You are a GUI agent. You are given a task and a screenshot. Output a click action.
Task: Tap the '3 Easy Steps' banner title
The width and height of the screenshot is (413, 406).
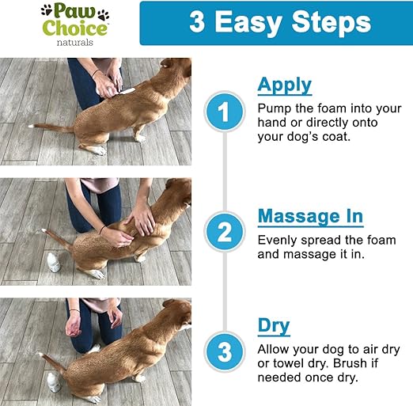[x=279, y=22]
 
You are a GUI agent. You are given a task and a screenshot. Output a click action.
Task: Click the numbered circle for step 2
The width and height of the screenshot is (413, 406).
[x=224, y=233]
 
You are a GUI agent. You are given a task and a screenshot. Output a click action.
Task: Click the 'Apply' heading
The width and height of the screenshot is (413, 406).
[x=284, y=85]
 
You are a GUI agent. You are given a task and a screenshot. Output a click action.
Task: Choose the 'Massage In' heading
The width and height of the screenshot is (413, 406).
[x=310, y=215]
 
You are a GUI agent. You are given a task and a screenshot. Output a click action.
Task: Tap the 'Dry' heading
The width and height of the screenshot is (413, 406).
[x=273, y=325]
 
